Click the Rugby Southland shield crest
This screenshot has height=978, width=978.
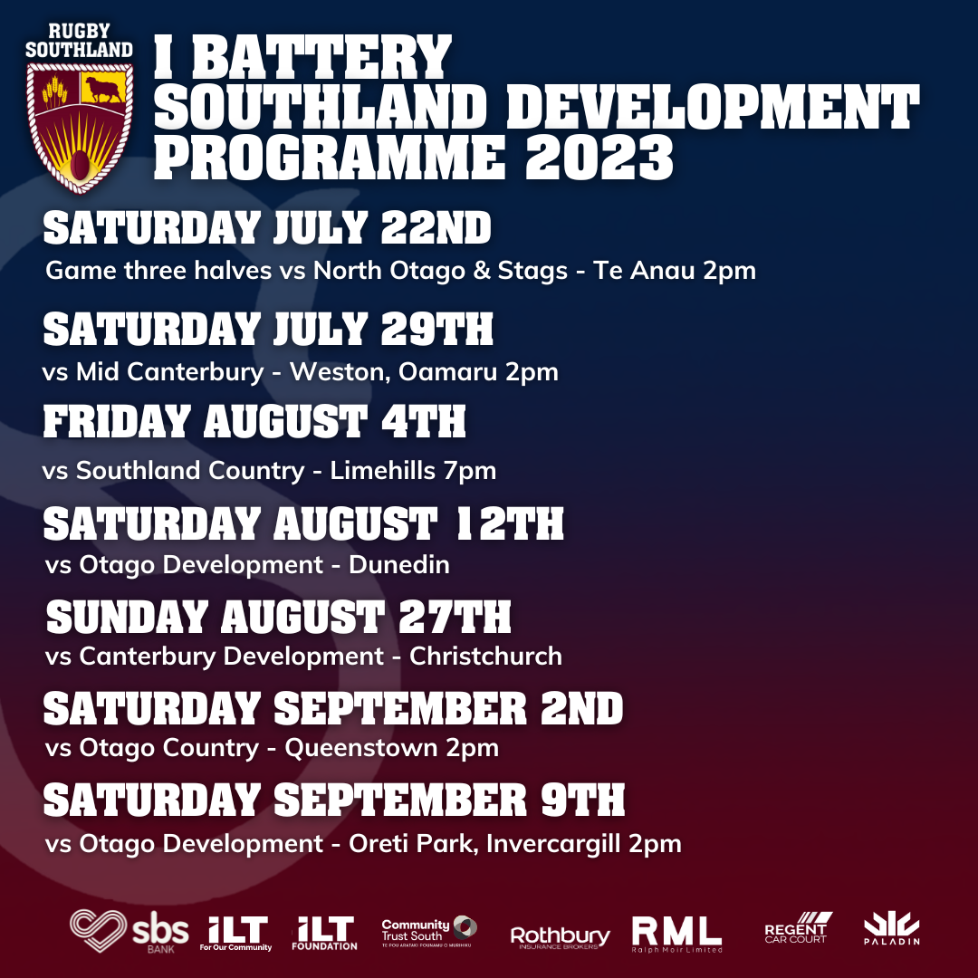click(79, 127)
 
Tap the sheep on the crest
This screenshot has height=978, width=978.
click(103, 89)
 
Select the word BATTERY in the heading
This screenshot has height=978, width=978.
click(321, 57)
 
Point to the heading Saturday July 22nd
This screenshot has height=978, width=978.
click(267, 227)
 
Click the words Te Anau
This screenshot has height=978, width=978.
click(643, 271)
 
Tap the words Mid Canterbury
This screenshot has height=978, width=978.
click(169, 372)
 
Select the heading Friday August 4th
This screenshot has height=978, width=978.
click(254, 421)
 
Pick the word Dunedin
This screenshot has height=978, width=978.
click(399, 564)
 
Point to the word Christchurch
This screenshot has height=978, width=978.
click(486, 657)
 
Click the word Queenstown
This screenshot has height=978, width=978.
click(361, 748)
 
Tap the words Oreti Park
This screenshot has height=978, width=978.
click(410, 844)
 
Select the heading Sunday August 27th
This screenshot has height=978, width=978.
click(278, 618)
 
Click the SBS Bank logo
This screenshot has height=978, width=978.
click(129, 931)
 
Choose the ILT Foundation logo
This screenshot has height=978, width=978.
click(324, 933)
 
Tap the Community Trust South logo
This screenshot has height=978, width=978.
click(429, 932)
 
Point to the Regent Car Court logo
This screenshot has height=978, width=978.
click(799, 927)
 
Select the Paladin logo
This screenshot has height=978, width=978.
click(891, 929)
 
